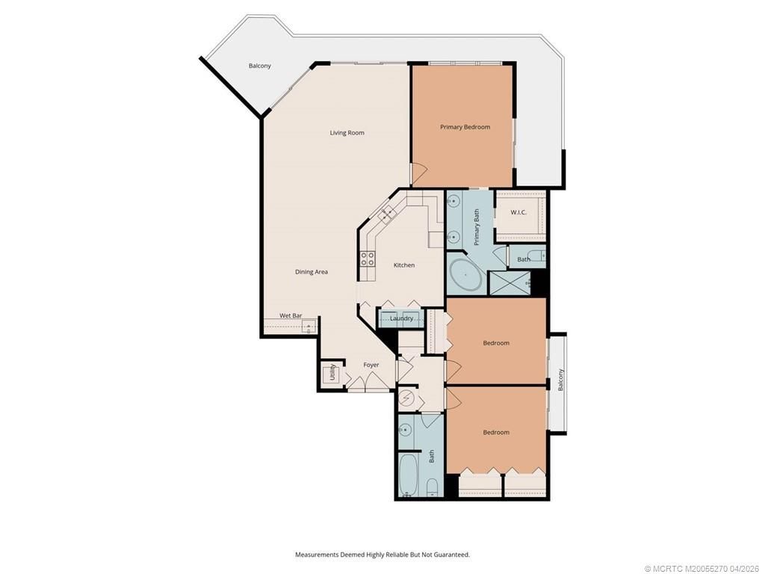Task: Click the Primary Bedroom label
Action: [x=465, y=127]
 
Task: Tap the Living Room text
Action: [x=347, y=133]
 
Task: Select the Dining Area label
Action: [x=311, y=272]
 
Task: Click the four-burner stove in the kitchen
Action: [x=368, y=259]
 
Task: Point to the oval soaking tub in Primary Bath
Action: [x=465, y=276]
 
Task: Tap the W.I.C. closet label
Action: [x=518, y=212]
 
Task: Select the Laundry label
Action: [x=401, y=318]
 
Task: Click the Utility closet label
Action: [x=332, y=372]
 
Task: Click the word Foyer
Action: [x=371, y=365]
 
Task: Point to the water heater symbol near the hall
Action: [x=407, y=398]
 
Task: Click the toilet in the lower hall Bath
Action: [x=433, y=490]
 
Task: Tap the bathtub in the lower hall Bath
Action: [x=408, y=475]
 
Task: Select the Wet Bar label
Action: [x=291, y=315]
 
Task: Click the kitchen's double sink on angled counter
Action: [x=388, y=215]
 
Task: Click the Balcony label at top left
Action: [x=260, y=66]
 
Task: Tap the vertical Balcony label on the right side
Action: [x=560, y=380]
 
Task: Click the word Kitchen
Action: [x=404, y=265]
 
